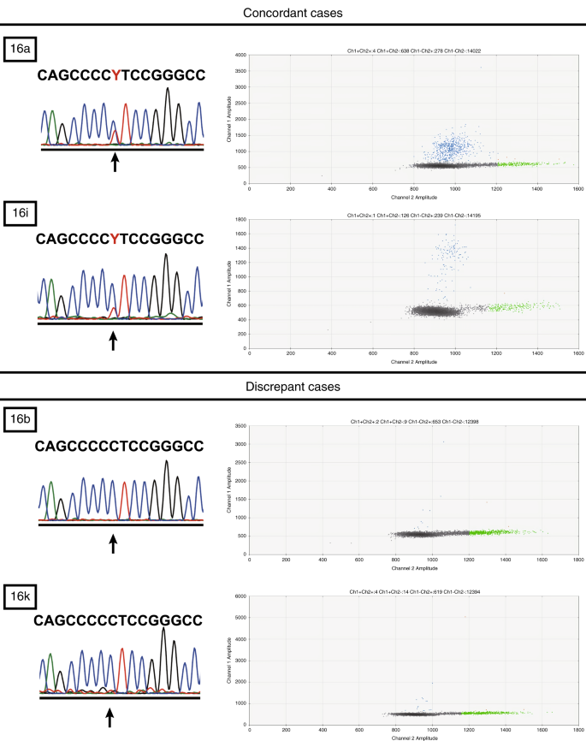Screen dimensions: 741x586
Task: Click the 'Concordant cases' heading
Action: click(293, 15)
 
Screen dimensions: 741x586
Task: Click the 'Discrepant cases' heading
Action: click(293, 387)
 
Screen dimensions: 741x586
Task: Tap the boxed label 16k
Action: click(19, 591)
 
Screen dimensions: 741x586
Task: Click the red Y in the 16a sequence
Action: click(115, 75)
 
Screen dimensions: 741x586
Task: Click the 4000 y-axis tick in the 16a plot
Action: click(241, 56)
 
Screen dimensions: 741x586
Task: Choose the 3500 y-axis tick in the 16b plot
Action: click(241, 425)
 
